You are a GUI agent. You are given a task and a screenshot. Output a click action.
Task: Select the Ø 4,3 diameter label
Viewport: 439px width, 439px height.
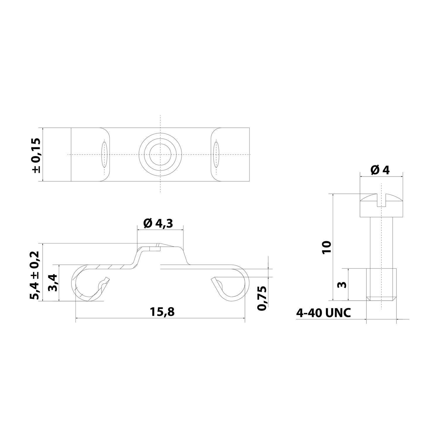tap(158, 224)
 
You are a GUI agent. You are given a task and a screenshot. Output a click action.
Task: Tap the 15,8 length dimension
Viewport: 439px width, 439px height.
tap(163, 312)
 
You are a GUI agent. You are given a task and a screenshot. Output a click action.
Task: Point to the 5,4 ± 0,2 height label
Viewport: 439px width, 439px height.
tap(34, 275)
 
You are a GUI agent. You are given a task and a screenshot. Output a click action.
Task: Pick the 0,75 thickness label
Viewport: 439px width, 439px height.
tap(261, 298)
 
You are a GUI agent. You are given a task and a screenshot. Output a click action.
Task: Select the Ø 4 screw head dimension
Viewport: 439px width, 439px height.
tap(380, 170)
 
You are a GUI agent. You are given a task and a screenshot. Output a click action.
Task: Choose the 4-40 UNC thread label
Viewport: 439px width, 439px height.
tap(323, 313)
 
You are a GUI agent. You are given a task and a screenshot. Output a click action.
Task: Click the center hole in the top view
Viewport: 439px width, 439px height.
tap(160, 155)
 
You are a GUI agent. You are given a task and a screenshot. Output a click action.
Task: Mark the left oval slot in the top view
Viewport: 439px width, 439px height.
tap(104, 154)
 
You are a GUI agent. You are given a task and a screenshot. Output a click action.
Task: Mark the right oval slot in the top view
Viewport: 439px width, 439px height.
tap(216, 154)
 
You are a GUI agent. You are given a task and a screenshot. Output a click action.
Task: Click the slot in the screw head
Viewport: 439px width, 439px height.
tap(381, 200)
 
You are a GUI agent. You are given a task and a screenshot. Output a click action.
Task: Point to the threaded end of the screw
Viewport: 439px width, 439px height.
tap(381, 284)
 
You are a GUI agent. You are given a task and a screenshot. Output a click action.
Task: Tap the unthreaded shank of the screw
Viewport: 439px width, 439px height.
tap(381, 243)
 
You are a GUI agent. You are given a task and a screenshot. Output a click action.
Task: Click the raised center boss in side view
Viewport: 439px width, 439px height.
tap(160, 250)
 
